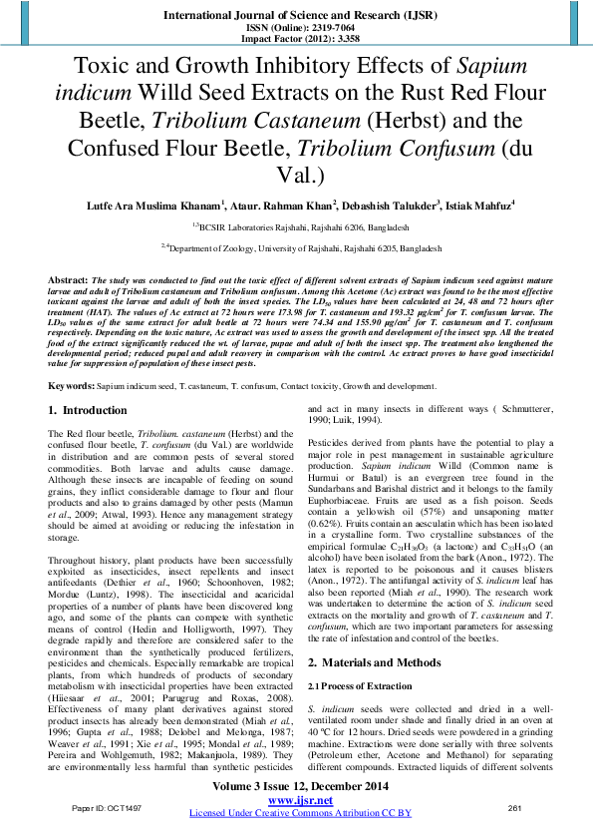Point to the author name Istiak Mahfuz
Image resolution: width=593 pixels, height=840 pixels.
point(479,206)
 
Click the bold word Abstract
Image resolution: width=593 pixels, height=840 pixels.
point(67,280)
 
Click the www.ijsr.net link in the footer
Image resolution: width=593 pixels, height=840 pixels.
point(295,799)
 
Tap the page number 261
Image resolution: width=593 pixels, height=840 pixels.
point(515,805)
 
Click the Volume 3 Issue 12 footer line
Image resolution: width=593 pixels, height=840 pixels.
point(296,787)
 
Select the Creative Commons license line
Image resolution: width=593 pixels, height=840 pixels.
point(296,813)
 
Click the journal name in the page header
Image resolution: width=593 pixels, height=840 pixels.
point(295,17)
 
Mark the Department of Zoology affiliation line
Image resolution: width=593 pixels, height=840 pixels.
point(296,244)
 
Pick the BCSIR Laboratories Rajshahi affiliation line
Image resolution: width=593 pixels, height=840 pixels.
point(296,225)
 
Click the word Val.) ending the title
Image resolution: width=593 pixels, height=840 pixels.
point(297,178)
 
